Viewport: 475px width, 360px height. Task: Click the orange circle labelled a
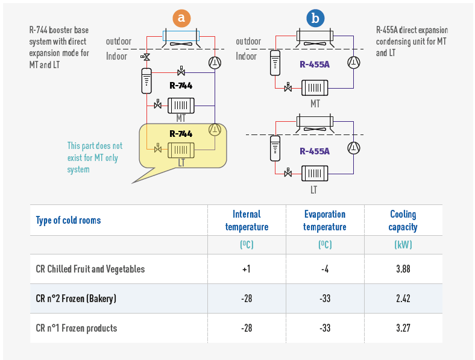pos(180,18)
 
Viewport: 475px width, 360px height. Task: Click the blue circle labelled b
pos(314,18)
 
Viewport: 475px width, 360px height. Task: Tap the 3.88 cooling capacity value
pos(403,269)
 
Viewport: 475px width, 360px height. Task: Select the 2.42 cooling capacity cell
pos(403,298)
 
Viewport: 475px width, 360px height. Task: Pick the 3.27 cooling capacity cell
pos(403,328)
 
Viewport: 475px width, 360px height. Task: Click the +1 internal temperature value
pos(247,269)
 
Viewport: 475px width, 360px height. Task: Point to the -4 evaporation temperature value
pos(324,269)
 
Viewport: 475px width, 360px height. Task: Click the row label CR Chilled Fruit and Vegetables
pos(90,269)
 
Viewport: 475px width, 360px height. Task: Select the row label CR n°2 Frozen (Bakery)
pos(76,298)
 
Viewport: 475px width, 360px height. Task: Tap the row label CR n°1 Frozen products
pos(77,328)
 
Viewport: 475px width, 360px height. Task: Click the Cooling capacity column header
pos(403,221)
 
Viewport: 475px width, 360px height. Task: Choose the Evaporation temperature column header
pos(324,221)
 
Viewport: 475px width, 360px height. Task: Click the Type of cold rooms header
pos(68,220)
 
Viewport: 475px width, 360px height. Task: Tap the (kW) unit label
pos(403,245)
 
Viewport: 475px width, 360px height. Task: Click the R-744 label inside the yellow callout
pos(181,134)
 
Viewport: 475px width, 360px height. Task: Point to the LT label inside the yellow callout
pos(181,162)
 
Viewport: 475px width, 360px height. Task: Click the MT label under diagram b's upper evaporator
pos(315,104)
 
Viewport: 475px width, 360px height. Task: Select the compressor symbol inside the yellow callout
pos(215,129)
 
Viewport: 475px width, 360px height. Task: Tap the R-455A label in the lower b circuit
pos(315,151)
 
